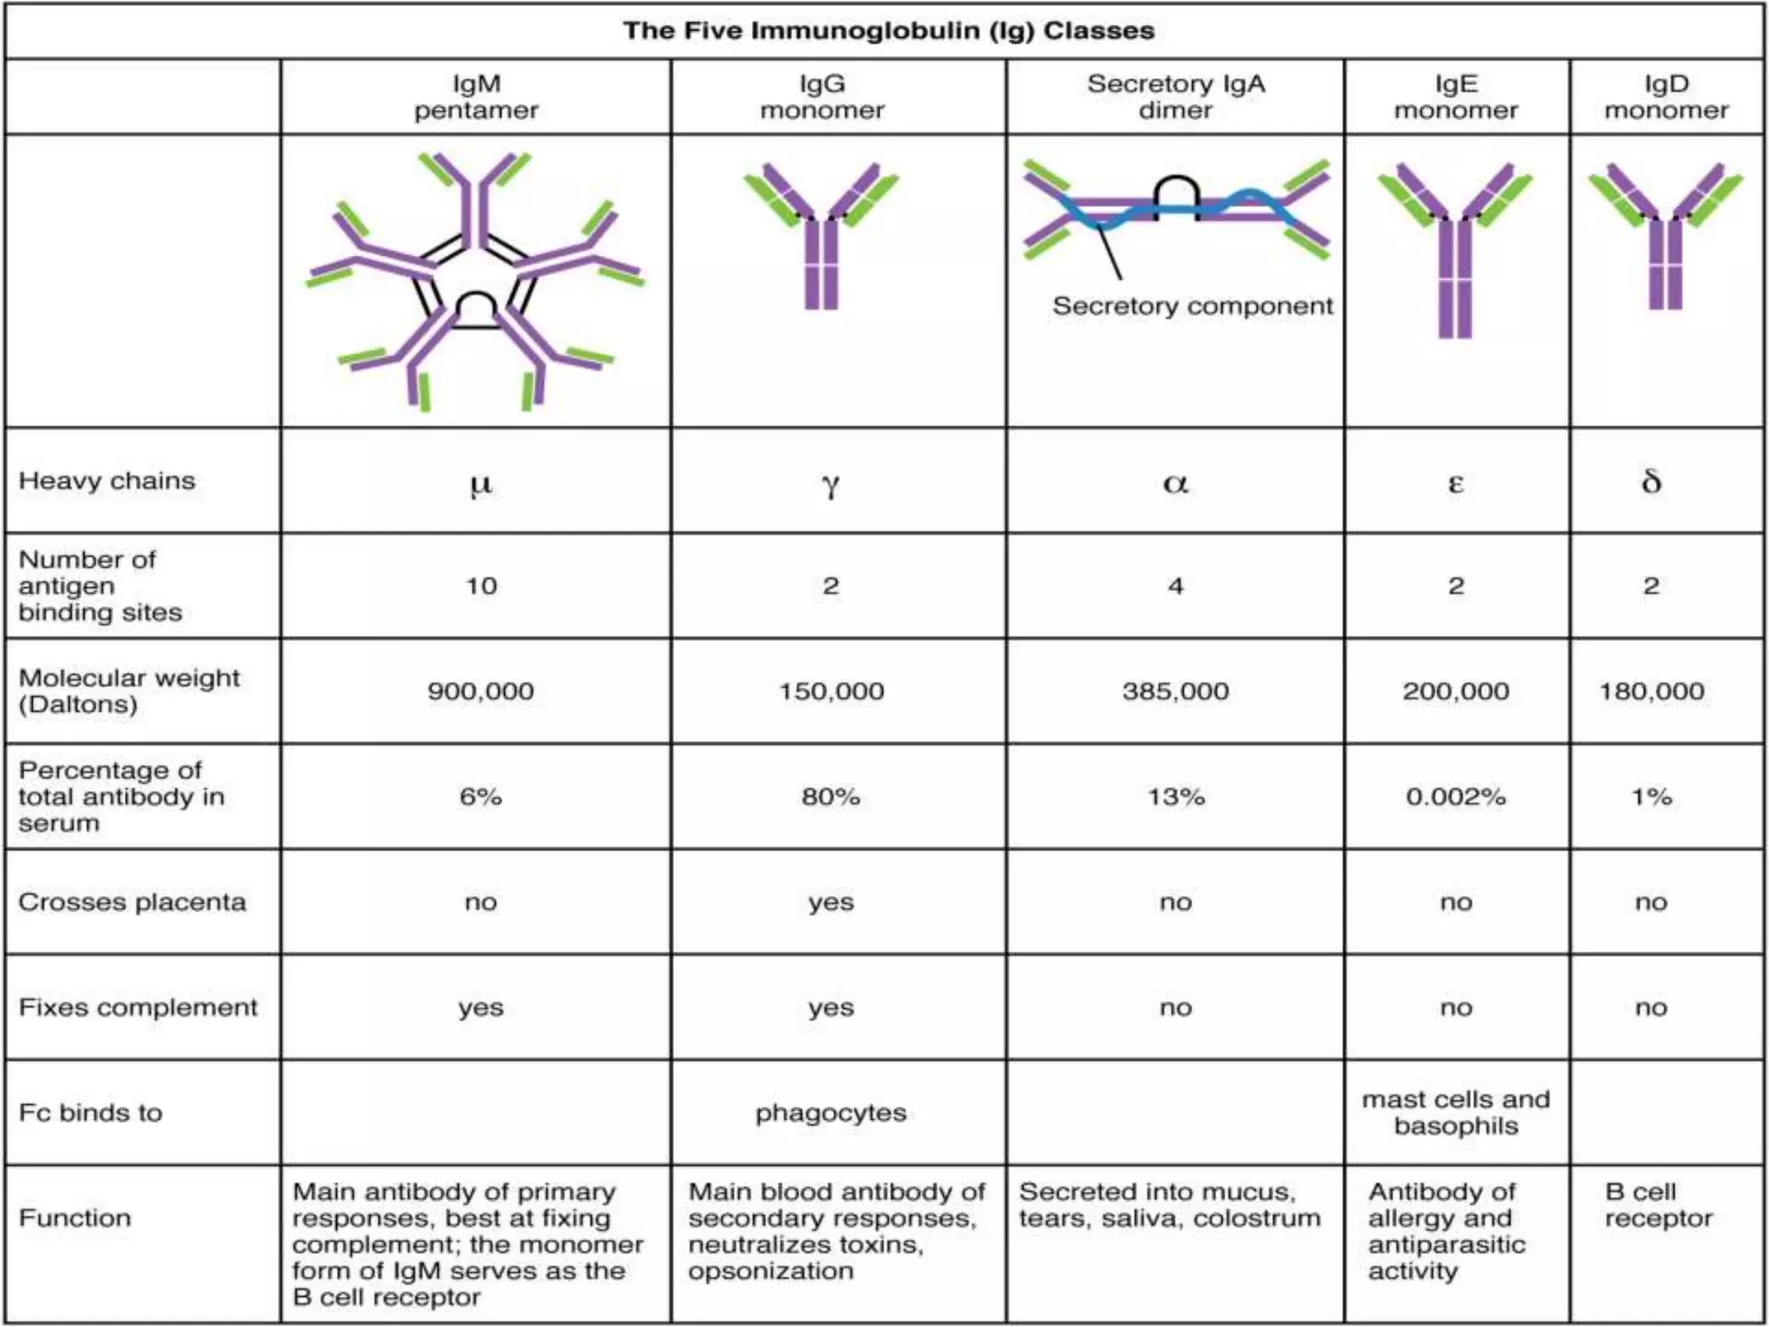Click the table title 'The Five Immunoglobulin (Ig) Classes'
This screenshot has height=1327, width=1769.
[x=888, y=31]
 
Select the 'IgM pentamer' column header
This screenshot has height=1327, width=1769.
[x=476, y=97]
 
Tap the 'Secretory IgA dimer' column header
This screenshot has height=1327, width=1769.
[x=1176, y=97]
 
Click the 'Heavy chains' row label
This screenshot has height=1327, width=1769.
[x=107, y=480]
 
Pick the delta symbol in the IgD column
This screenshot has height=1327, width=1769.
[x=1651, y=481]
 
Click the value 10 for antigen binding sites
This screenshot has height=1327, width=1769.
[x=481, y=586]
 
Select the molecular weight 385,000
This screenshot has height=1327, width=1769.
[x=1175, y=691]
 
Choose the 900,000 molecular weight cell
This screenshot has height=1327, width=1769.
[x=480, y=691]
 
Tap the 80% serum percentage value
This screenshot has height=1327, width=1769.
[x=830, y=797]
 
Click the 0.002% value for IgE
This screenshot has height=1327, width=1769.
[x=1455, y=797]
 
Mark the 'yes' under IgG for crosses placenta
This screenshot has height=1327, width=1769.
[x=830, y=902]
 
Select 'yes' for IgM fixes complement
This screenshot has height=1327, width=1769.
[x=480, y=1007]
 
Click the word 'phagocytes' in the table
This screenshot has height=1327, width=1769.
[x=830, y=1113]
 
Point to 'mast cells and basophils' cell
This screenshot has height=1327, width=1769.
[x=1455, y=1113]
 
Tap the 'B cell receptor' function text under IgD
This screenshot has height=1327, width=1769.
[x=1658, y=1205]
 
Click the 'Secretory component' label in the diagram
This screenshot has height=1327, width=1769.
[x=1192, y=306]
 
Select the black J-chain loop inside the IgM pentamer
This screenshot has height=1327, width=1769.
[x=476, y=310]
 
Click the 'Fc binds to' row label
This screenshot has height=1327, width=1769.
[x=91, y=1113]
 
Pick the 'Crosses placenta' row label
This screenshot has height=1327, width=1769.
[x=132, y=902]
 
